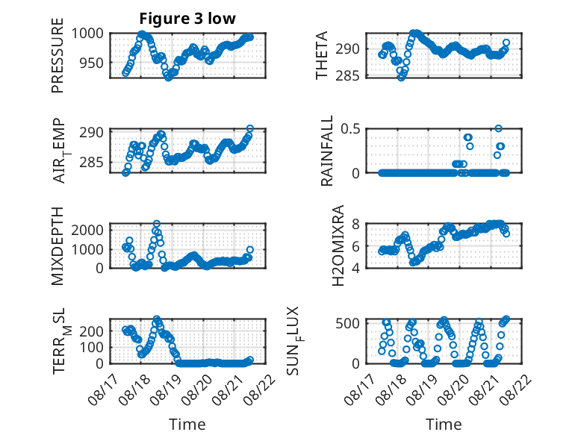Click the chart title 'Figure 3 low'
(x=187, y=19)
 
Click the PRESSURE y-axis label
(x=58, y=55)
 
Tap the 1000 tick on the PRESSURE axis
(x=87, y=34)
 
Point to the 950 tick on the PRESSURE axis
(x=92, y=63)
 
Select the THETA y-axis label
(x=322, y=55)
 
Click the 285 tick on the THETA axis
(x=347, y=75)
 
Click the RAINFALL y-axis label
(x=327, y=151)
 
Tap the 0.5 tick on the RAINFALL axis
(x=350, y=129)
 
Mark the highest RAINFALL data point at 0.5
(x=498, y=128)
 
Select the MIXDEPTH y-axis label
(x=58, y=246)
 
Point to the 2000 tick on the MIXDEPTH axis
(x=87, y=230)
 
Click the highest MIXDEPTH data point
(x=157, y=224)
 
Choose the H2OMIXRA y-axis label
(x=338, y=245)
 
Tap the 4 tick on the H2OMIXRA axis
(x=356, y=268)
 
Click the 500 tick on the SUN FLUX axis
(x=347, y=323)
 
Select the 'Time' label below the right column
(x=444, y=425)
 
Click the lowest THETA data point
(x=401, y=78)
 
